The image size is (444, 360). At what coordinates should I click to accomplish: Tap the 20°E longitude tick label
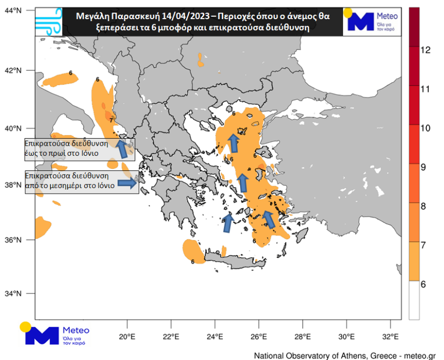click(x=127, y=337)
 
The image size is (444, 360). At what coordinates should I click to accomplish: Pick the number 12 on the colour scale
click(x=425, y=50)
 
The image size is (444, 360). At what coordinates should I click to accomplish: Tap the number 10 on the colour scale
click(x=425, y=128)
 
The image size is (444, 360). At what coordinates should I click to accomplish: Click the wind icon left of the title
click(x=47, y=21)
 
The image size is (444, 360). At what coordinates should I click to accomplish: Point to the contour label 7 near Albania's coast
click(x=111, y=120)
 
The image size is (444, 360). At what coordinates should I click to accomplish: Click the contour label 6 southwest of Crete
click(x=193, y=261)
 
